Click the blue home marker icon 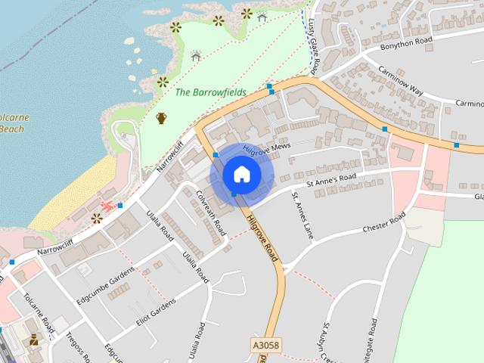241,174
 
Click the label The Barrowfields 210,92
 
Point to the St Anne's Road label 330,181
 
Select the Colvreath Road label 211,211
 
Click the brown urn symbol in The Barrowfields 161,117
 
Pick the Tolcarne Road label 39,313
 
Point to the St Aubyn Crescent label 327,344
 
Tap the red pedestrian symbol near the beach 107,205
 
